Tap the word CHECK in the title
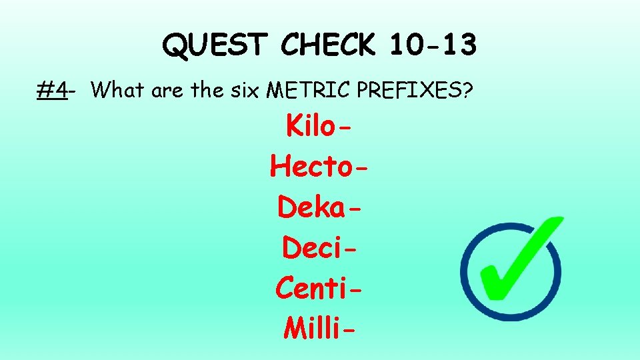[x=329, y=45]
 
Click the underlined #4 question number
[x=52, y=89]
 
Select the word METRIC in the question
[x=309, y=89]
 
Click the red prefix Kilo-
[x=319, y=125]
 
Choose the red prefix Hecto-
[x=319, y=166]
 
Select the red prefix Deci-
[x=319, y=247]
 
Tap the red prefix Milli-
[x=319, y=327]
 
